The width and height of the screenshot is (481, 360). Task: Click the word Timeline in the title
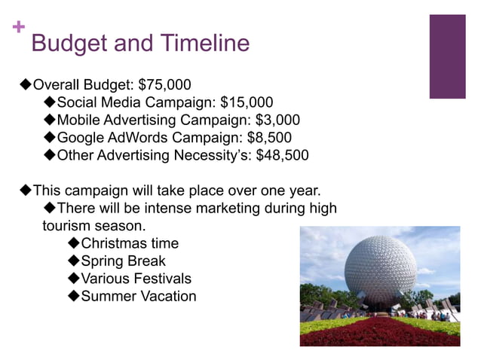pyautogui.click(x=204, y=43)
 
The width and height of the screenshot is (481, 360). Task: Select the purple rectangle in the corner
pyautogui.click(x=447, y=56)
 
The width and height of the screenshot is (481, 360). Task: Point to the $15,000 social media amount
pyautogui.click(x=247, y=102)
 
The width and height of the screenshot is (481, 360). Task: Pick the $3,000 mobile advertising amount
pyautogui.click(x=277, y=120)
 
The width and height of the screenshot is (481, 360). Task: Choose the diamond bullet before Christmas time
pyautogui.click(x=73, y=243)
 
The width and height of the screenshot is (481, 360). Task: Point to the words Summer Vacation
pyautogui.click(x=138, y=297)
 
